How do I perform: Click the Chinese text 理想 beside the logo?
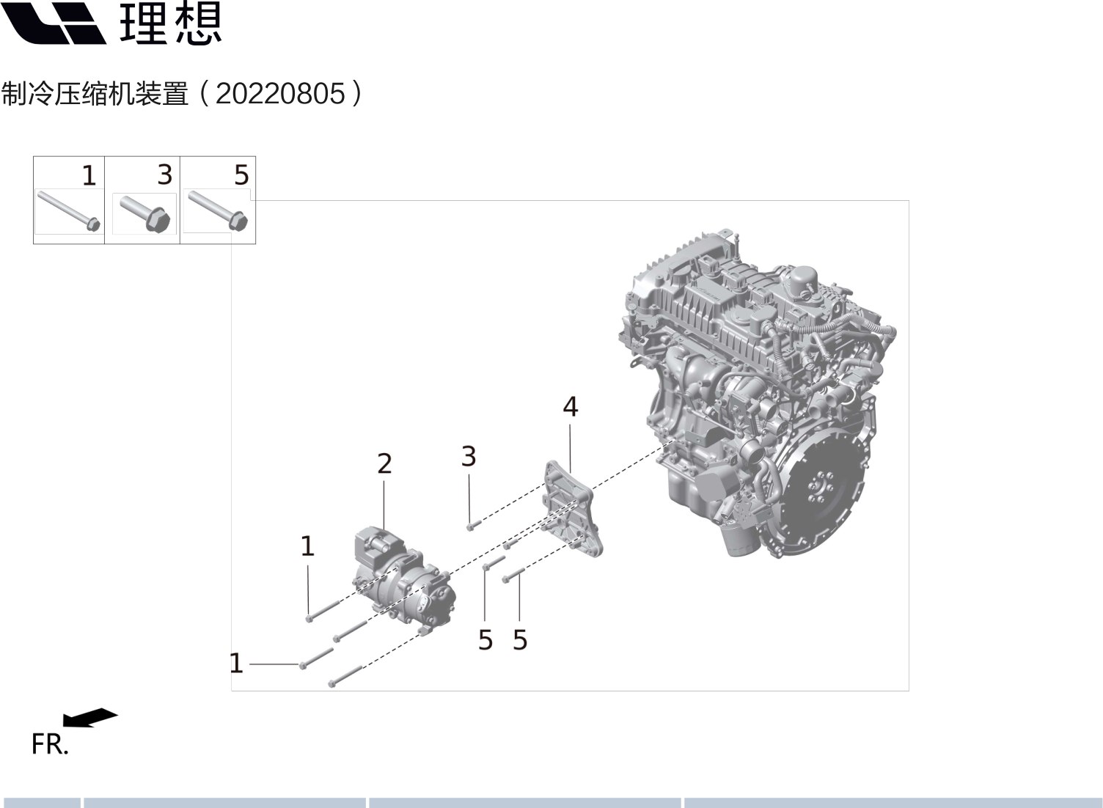[x=170, y=23]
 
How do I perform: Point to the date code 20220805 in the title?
[x=280, y=94]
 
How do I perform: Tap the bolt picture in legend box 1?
[x=69, y=210]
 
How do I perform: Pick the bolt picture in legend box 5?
[x=218, y=210]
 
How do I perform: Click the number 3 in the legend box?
[x=165, y=175]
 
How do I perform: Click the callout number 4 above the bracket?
[x=571, y=407]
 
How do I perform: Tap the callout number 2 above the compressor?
[x=384, y=463]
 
